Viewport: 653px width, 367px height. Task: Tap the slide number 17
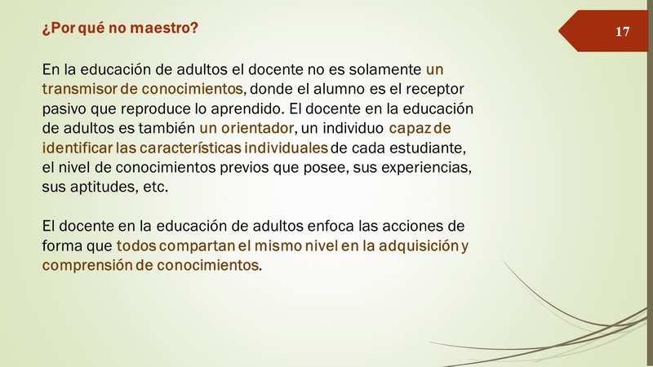[x=622, y=32]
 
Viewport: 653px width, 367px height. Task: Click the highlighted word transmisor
[x=80, y=89]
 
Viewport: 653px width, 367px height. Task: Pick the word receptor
[x=435, y=90]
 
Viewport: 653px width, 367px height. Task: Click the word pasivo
[x=64, y=109]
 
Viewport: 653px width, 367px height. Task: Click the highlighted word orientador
[x=257, y=128]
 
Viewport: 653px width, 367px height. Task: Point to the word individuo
[x=353, y=128]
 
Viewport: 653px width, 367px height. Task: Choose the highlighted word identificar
[x=78, y=148]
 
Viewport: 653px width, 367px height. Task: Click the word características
[x=190, y=148]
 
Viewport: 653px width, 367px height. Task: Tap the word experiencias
[x=426, y=168]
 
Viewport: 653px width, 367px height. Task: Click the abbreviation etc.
[x=155, y=187]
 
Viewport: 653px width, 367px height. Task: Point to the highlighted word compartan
[x=197, y=246]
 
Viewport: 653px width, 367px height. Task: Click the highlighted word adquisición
[x=419, y=246]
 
